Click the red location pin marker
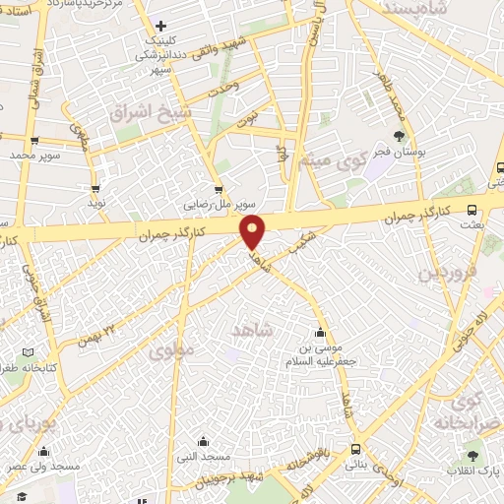253,232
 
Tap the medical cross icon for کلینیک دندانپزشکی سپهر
161,25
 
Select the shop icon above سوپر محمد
35,141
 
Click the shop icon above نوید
95,187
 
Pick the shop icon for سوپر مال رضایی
219,190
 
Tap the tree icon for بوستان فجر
399,136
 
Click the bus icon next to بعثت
473,210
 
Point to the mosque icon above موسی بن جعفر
319,332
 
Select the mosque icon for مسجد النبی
203,442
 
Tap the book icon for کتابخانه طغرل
28,352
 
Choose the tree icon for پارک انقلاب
473,456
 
